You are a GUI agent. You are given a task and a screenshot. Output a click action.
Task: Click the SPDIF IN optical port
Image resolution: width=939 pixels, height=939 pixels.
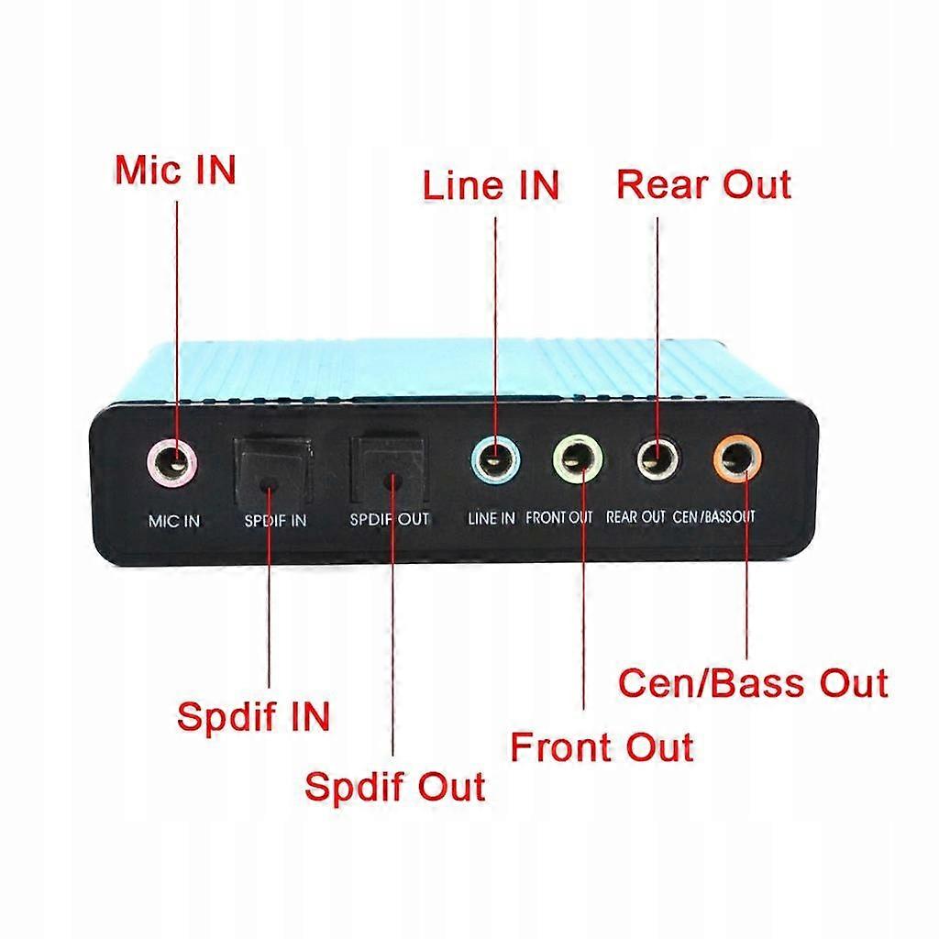[271, 472]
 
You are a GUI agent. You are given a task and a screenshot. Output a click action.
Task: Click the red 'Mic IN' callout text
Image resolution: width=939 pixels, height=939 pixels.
[175, 170]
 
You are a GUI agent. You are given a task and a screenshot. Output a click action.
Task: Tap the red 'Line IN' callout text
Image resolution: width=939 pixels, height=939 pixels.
[491, 185]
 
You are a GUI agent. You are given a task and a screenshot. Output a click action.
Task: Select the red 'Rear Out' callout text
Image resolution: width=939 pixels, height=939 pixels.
[703, 184]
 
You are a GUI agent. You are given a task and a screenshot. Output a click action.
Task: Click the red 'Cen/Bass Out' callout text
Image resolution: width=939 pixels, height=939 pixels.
[753, 683]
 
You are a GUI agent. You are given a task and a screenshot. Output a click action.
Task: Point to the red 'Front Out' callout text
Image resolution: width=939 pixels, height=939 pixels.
[602, 746]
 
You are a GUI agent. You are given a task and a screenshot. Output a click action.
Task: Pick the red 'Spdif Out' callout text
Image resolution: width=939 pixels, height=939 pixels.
[394, 787]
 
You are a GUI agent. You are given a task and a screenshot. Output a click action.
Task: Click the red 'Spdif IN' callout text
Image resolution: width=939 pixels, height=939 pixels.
[253, 716]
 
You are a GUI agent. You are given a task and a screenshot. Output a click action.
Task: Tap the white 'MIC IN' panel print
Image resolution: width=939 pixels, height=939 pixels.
[173, 521]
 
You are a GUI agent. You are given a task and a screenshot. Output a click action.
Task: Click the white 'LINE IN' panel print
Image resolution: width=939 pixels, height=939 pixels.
[492, 518]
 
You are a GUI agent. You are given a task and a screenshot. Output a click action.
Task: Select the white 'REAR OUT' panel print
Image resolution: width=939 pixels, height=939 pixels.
[635, 517]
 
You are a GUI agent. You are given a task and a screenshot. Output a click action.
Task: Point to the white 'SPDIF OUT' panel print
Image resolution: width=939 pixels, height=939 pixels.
[389, 519]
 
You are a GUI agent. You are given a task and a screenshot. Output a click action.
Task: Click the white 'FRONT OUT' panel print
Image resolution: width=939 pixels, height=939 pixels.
[559, 518]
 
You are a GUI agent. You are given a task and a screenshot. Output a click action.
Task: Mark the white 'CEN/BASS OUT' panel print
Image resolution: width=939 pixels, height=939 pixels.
[714, 517]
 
